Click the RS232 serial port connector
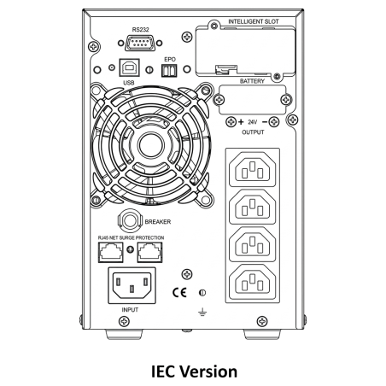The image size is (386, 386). pos(140,43)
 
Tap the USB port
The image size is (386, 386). pos(129,67)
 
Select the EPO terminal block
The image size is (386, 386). pos(169,70)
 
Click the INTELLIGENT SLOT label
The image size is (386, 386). pos(254,21)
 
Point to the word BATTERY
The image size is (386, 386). pos(252,81)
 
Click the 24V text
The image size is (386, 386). pos(253,122)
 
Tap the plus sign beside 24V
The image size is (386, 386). pos(241,122)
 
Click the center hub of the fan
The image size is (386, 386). pos(150,145)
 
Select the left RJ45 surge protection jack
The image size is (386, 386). pos(111,252)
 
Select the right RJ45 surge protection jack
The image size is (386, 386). pos(150,252)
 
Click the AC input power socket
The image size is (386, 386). pos(132,285)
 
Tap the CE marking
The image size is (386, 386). pos(179,292)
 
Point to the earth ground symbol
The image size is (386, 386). pos(202,313)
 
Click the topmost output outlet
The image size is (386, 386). pos(253,170)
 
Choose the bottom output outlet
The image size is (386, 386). pos(253,282)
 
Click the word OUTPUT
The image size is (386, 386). pos(253,132)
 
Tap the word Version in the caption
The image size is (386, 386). pos(209,371)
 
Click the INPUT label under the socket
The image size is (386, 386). pos(130,310)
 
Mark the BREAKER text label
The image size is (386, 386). pos(158,222)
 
